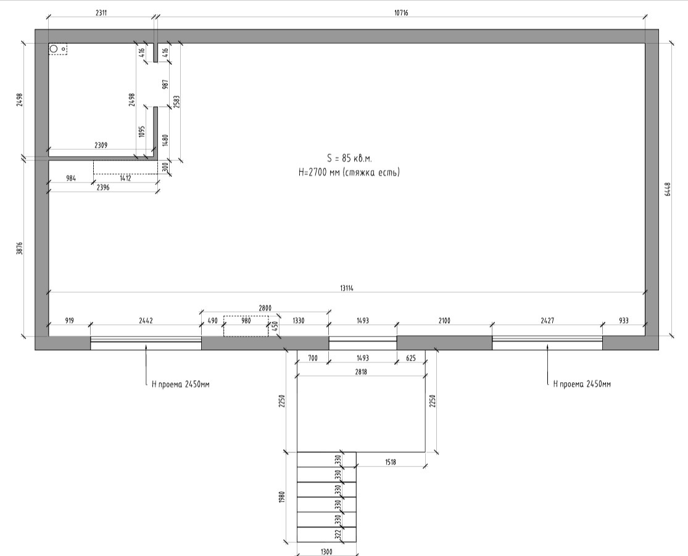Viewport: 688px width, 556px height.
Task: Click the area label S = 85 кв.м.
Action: [x=349, y=158]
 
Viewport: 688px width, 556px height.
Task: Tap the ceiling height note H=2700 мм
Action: [x=319, y=173]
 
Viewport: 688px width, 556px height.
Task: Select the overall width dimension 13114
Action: [x=347, y=288]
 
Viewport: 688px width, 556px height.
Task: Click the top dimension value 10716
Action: [x=401, y=13]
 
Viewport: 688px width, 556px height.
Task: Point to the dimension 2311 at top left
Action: [x=101, y=13]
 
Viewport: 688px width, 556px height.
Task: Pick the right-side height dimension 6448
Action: [x=668, y=189]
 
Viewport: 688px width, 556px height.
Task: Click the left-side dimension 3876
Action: [x=19, y=248]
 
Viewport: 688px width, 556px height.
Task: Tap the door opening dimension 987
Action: [x=165, y=84]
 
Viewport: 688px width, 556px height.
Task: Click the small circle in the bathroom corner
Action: [x=54, y=49]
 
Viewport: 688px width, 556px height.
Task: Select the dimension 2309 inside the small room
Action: [x=101, y=145]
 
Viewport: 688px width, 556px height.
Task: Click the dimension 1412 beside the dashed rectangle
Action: [x=125, y=178]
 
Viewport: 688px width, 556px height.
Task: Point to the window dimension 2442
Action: [x=146, y=321]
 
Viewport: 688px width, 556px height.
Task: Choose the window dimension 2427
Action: [x=547, y=321]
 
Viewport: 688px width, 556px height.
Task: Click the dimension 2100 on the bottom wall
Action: [x=444, y=321]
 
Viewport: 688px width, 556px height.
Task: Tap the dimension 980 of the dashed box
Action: [x=246, y=321]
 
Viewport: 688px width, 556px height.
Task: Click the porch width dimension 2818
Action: [x=360, y=372]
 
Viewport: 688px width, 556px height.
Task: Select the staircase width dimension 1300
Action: [x=326, y=552]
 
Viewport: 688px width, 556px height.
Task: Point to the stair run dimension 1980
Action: [x=282, y=497]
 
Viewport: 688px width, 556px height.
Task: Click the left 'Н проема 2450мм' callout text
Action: [x=180, y=384]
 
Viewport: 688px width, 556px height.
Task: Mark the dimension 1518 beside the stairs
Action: [x=391, y=462]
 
